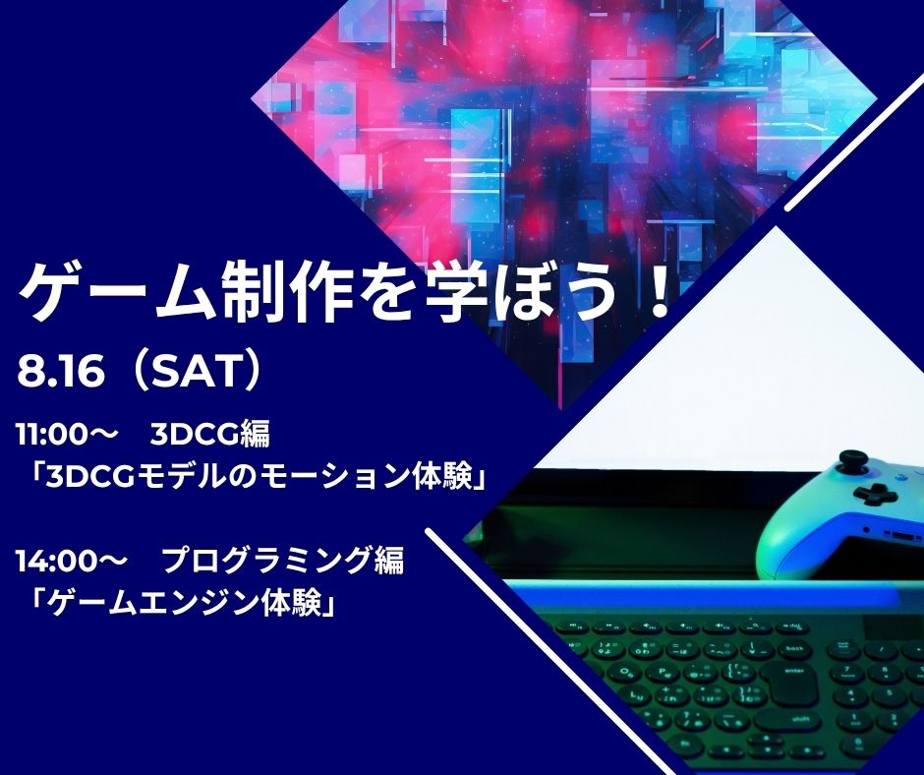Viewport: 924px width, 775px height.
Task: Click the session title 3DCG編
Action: point(209,436)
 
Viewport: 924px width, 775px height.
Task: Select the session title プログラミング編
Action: point(283,561)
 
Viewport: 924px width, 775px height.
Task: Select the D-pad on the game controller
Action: point(875,494)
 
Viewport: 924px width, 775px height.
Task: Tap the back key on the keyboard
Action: point(794,649)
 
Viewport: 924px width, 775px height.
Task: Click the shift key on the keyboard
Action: point(787,720)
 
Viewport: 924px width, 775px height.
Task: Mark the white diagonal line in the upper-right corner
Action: point(855,144)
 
